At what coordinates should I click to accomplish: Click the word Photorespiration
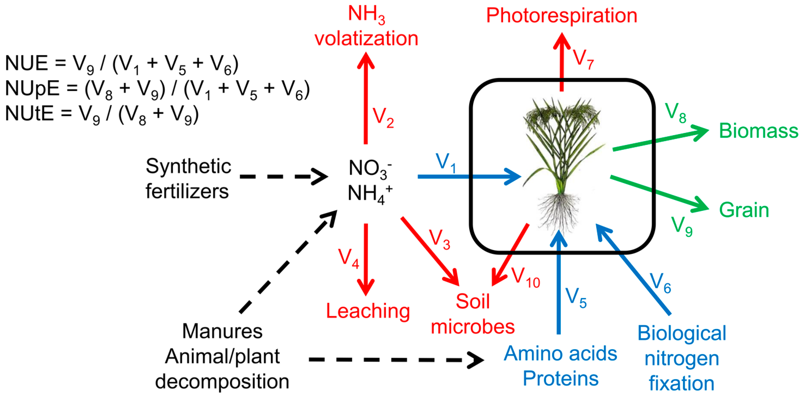point(562,15)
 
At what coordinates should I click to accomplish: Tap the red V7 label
point(583,59)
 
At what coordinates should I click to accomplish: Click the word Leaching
point(368,311)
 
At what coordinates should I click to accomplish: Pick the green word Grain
point(744,210)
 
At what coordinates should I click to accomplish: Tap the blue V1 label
point(446,162)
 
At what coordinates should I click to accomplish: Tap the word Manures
point(222,331)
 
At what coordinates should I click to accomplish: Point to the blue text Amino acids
point(560,354)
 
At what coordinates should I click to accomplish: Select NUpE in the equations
point(32,88)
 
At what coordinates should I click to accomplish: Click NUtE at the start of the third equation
point(29,113)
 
